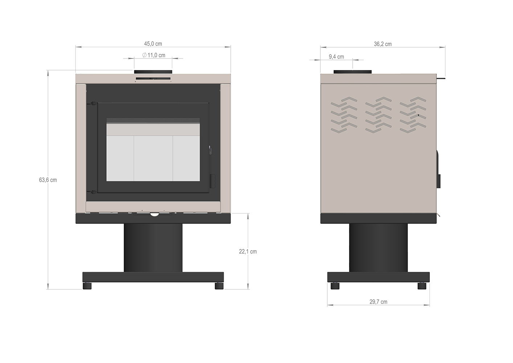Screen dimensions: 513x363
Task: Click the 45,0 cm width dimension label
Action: tap(153, 44)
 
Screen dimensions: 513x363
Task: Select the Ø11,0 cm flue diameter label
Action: tap(153, 55)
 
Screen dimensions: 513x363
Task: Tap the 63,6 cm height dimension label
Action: tap(48, 180)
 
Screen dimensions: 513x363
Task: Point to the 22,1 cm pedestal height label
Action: tap(248, 252)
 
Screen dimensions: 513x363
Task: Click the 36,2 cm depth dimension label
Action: tap(383, 44)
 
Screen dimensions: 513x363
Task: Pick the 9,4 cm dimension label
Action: tap(336, 57)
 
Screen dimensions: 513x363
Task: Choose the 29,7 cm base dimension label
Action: tap(378, 302)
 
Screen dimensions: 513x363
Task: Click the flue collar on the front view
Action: tap(153, 72)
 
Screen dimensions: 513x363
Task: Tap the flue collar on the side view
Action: tap(352, 72)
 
